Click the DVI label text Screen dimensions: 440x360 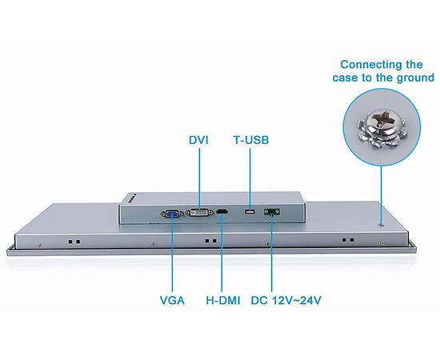(198, 140)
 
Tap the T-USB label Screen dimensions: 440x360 (251, 140)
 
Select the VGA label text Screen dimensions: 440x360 (172, 300)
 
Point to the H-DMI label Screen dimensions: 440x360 (223, 300)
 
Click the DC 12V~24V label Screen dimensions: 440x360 (286, 300)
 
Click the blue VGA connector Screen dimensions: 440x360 (173, 214)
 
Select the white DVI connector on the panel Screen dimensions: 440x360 (199, 213)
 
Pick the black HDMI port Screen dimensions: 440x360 (222, 211)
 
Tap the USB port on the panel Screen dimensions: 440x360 (250, 211)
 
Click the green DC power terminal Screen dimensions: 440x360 (272, 211)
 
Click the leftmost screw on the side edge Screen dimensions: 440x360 (39, 246)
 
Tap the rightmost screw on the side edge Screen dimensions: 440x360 (382, 243)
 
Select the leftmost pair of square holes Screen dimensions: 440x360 (74, 242)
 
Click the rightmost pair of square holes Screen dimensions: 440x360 (348, 240)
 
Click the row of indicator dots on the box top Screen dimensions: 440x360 (132, 198)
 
